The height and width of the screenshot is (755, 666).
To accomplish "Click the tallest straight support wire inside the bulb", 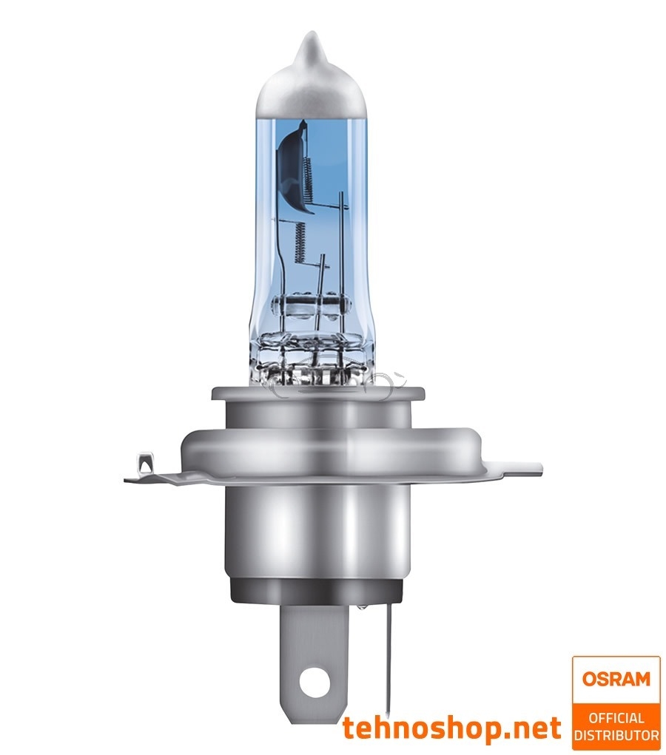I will pyautogui.click(x=342, y=251).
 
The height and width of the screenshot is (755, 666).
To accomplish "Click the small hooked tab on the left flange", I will pyautogui.click(x=144, y=468).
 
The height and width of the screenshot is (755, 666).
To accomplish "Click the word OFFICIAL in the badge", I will pyautogui.click(x=616, y=718).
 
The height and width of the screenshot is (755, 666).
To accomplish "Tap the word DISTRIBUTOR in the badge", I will pyautogui.click(x=616, y=735).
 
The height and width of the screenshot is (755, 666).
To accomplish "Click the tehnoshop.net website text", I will pyautogui.click(x=451, y=728).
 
